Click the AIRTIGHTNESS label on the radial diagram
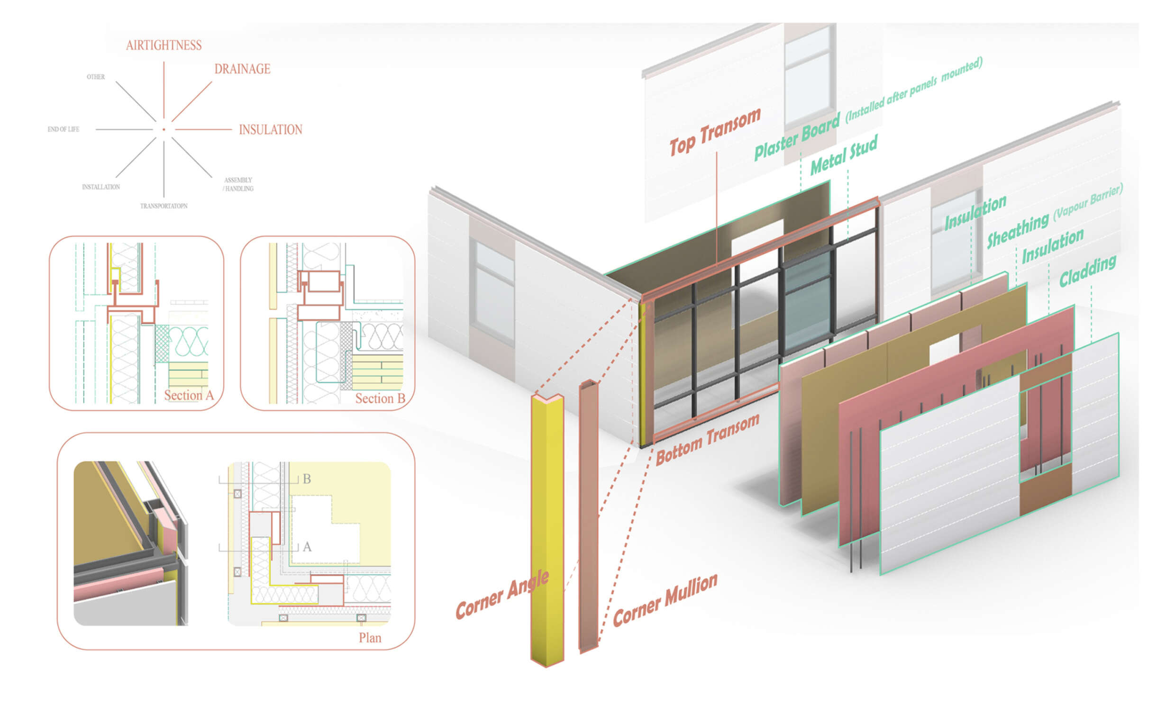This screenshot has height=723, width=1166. click(164, 45)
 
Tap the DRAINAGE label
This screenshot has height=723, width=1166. click(242, 69)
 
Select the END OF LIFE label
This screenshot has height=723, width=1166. click(63, 129)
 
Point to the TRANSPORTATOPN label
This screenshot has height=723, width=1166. click(164, 206)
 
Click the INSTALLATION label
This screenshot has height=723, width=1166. click(100, 187)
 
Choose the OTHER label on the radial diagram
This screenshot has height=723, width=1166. click(96, 76)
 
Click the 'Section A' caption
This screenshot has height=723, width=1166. click(189, 395)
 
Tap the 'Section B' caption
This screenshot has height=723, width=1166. click(380, 398)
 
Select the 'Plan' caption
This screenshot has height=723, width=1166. click(370, 638)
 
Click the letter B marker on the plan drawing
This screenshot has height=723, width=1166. click(307, 479)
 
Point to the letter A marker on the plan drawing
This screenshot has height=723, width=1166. click(307, 547)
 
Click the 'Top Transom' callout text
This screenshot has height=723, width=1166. click(715, 132)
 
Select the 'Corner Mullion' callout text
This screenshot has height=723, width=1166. click(665, 600)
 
